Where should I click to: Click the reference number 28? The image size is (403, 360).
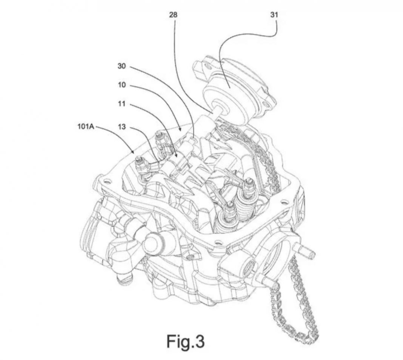(174, 15)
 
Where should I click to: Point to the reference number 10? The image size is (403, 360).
(122, 85)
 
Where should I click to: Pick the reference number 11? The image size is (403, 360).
(122, 104)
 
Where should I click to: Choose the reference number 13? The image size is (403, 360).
(122, 127)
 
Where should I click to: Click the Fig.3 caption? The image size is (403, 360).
(186, 341)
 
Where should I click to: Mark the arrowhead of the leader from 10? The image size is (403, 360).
(182, 131)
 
